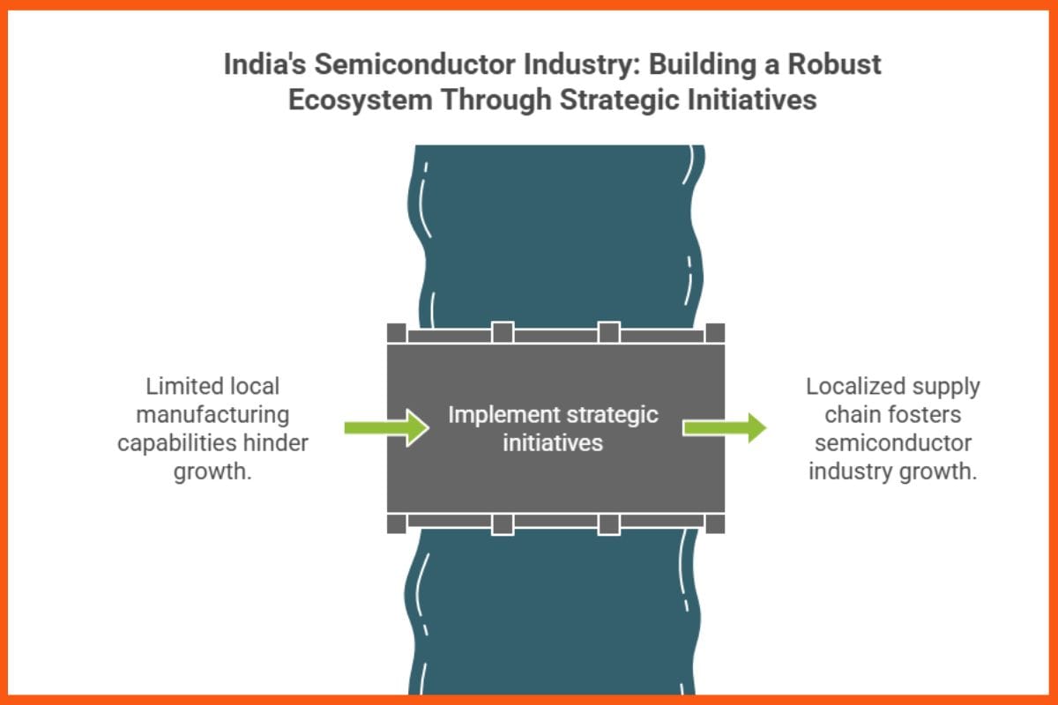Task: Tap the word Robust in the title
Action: [x=833, y=66]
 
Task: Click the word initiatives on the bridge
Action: [x=553, y=442]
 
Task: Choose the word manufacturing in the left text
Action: [x=212, y=414]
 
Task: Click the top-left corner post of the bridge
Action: [x=397, y=333]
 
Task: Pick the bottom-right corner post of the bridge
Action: [x=715, y=523]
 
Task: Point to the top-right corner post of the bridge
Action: [x=715, y=333]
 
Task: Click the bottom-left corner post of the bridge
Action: [x=397, y=523]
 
